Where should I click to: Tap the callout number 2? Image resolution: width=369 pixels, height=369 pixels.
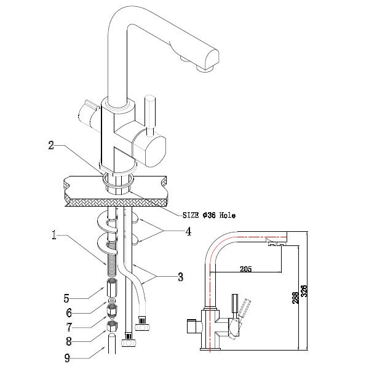[53, 146]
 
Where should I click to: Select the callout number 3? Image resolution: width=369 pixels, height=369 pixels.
[180, 277]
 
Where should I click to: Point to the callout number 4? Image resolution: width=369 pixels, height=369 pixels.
[188, 232]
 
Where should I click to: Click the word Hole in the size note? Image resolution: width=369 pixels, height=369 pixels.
[229, 216]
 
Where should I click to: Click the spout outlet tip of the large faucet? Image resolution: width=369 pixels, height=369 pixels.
[204, 69]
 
